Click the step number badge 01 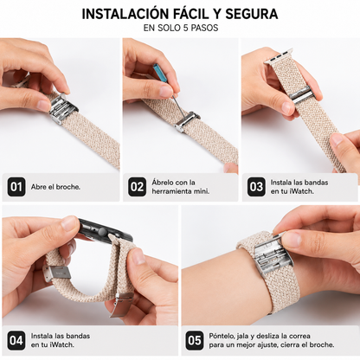tap(16, 187)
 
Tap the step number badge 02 tap(137, 187)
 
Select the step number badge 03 tap(256, 187)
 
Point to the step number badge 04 tap(16, 341)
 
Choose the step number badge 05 tap(195, 341)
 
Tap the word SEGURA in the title tap(252, 15)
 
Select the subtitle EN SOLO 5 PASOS tap(181, 28)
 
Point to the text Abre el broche tap(55, 187)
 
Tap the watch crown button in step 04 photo tap(101, 231)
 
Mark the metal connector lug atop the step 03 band tap(279, 57)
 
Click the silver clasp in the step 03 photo tap(300, 94)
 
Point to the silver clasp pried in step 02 tap(188, 121)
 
